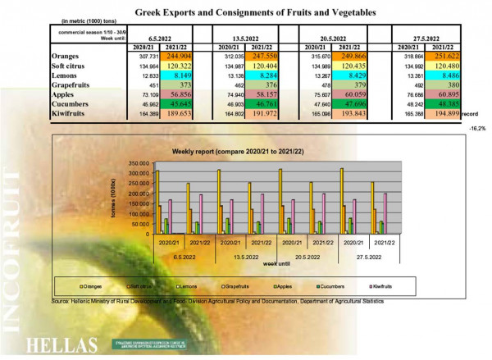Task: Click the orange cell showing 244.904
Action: pyautogui.click(x=179, y=57)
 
